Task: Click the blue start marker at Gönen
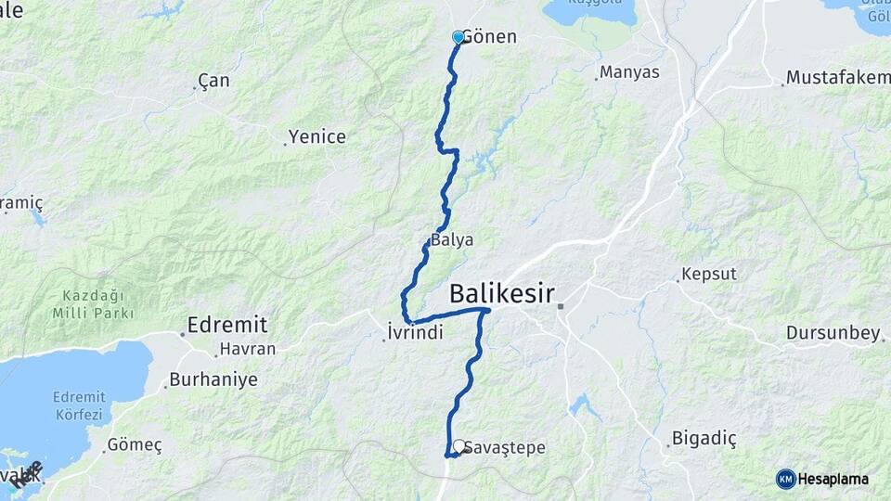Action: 458,37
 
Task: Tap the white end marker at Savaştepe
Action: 458,446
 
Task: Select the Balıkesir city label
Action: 501,295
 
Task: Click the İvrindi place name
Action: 414,332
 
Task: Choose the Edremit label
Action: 226,325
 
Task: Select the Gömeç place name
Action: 135,445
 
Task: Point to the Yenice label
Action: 316,137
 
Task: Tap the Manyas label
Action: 629,71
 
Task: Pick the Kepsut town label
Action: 708,275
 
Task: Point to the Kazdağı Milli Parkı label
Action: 93,304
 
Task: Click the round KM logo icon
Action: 785,479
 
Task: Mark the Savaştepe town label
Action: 507,448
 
